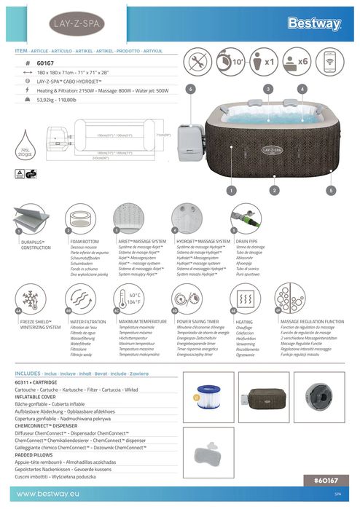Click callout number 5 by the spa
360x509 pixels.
331,189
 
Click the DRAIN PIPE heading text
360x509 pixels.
248,240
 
